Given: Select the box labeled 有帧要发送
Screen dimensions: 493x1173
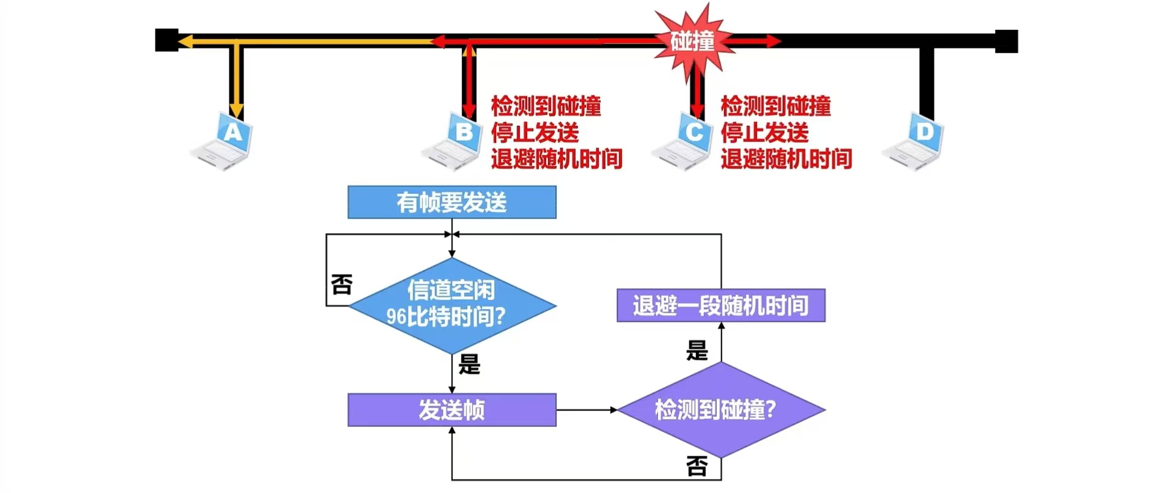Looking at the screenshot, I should (451, 202).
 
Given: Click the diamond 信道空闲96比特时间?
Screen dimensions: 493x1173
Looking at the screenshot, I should (451, 305).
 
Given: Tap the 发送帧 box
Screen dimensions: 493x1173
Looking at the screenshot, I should (451, 409).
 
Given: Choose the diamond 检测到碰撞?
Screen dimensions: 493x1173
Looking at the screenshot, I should (720, 409).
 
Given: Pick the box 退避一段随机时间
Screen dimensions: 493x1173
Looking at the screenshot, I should (720, 305).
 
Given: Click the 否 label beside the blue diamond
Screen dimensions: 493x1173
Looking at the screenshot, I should (341, 284).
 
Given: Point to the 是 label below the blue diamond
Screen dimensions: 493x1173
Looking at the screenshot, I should (469, 365).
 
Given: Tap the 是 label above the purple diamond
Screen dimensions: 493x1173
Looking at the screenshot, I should (697, 351).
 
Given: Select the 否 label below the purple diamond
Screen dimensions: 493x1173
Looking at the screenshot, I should (697, 467).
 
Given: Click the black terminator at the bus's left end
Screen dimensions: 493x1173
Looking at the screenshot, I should (166, 40).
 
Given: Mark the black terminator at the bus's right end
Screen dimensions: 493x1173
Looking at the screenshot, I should (1006, 41).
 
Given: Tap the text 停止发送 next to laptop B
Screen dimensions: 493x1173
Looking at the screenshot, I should (535, 133).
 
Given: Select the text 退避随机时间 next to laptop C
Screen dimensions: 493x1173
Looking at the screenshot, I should (786, 159).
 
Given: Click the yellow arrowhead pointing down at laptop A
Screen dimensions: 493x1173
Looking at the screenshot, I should (237, 111).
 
